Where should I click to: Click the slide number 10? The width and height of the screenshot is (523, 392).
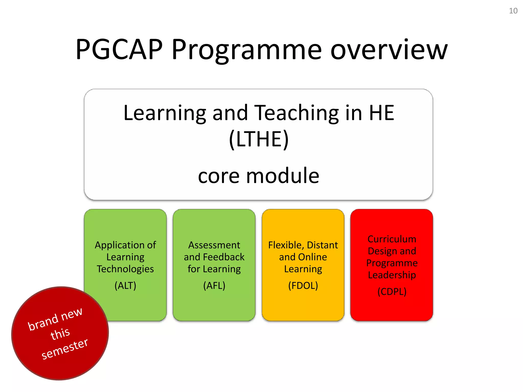coord(513,11)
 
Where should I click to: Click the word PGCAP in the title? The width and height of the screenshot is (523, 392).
coord(119,50)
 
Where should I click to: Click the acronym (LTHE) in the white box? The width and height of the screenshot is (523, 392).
coord(259,139)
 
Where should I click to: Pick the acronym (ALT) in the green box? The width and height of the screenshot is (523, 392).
coord(125,285)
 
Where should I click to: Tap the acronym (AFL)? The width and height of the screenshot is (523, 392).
coord(214,285)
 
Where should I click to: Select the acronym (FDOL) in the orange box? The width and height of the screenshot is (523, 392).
coord(303,285)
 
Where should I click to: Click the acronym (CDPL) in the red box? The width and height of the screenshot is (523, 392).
coord(392,291)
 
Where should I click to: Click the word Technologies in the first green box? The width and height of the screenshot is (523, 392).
coord(125,269)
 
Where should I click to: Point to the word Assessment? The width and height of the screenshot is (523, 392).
coord(214,245)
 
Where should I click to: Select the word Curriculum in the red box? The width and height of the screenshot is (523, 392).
coord(392,239)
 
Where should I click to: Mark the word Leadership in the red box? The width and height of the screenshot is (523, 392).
coord(392,275)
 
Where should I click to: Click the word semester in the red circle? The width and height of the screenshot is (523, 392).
coord(65,349)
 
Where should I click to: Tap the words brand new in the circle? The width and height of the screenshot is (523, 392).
coord(55,319)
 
